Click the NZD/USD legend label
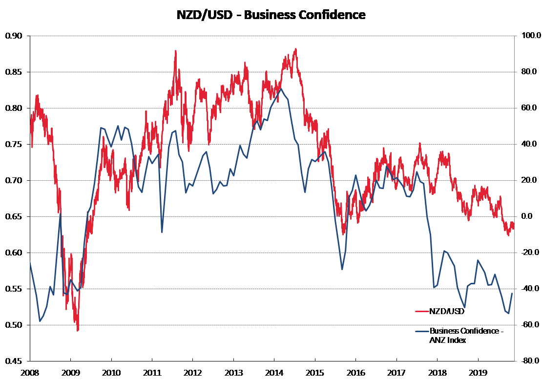tap(447, 311)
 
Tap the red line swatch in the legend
tap(421, 311)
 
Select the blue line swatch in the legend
tap(421, 331)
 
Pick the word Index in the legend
tap(457, 340)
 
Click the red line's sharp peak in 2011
tap(175, 50)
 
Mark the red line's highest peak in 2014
tap(295, 49)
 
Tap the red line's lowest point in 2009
tap(77, 331)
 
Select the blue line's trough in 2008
tap(40, 321)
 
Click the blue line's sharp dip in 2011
tap(162, 232)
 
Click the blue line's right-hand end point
tap(512, 293)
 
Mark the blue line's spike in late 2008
tap(60, 214)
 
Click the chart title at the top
tap(271, 15)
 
